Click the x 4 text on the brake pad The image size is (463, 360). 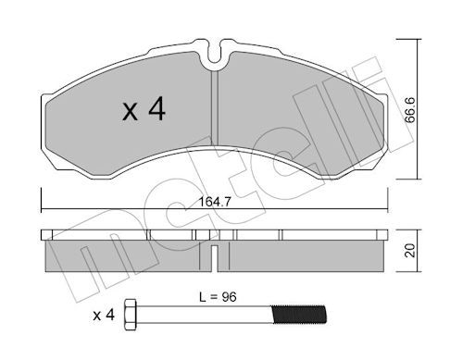tap(144, 111)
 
